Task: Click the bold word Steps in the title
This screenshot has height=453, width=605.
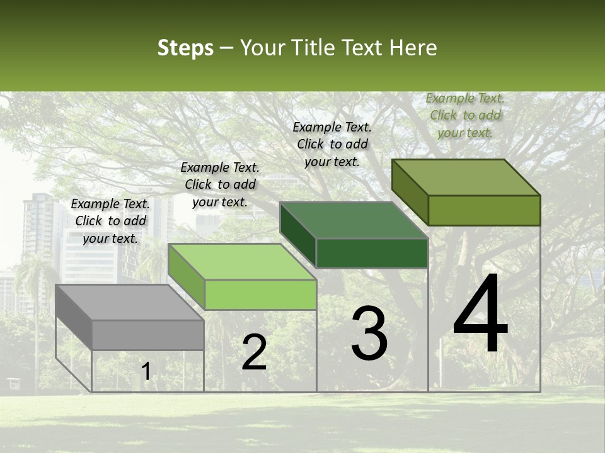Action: (x=185, y=48)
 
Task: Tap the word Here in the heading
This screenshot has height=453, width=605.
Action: (x=413, y=48)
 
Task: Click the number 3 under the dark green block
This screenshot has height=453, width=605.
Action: (x=369, y=333)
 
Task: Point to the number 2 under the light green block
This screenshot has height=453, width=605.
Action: (x=254, y=352)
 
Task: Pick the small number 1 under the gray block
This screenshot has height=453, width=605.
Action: (x=146, y=372)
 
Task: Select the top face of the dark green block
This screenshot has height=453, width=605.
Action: (x=354, y=220)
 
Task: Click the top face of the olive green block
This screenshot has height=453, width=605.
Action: (x=466, y=177)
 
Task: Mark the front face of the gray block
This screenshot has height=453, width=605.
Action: (x=147, y=335)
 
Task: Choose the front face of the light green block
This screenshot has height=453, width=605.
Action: (x=260, y=294)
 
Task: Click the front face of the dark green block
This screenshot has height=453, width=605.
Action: (x=372, y=253)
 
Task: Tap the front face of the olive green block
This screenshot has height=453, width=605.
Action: (x=484, y=210)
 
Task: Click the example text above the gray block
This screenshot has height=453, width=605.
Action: (x=110, y=221)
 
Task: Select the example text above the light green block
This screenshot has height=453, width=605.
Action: (x=220, y=184)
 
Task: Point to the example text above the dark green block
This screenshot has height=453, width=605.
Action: (x=332, y=144)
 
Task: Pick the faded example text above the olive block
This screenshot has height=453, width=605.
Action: (x=465, y=115)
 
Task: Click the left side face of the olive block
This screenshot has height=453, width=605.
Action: (x=410, y=191)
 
